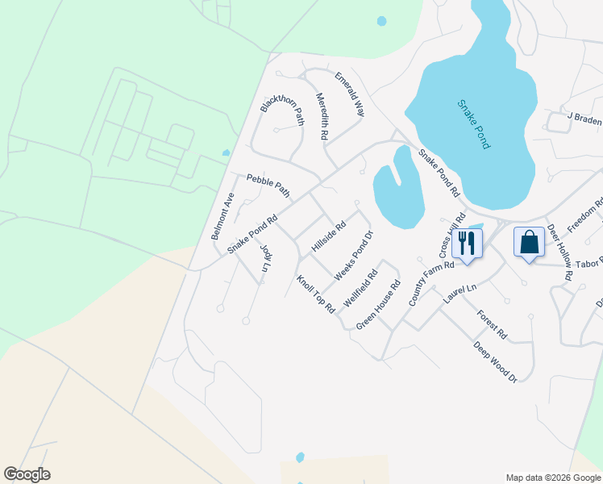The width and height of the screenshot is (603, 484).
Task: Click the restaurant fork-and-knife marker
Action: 467,242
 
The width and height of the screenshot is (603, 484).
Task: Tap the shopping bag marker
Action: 529,242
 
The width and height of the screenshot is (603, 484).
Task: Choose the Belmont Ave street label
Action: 222,216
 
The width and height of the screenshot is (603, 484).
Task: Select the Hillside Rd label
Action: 328,236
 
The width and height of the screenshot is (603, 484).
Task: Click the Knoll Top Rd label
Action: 315,294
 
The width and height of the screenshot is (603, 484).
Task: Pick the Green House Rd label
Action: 378,305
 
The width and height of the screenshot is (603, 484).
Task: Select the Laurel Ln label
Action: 460,293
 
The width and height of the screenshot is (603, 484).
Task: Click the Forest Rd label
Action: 492,324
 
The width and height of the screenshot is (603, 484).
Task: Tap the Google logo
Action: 27,474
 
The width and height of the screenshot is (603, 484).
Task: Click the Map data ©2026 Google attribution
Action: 552,478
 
